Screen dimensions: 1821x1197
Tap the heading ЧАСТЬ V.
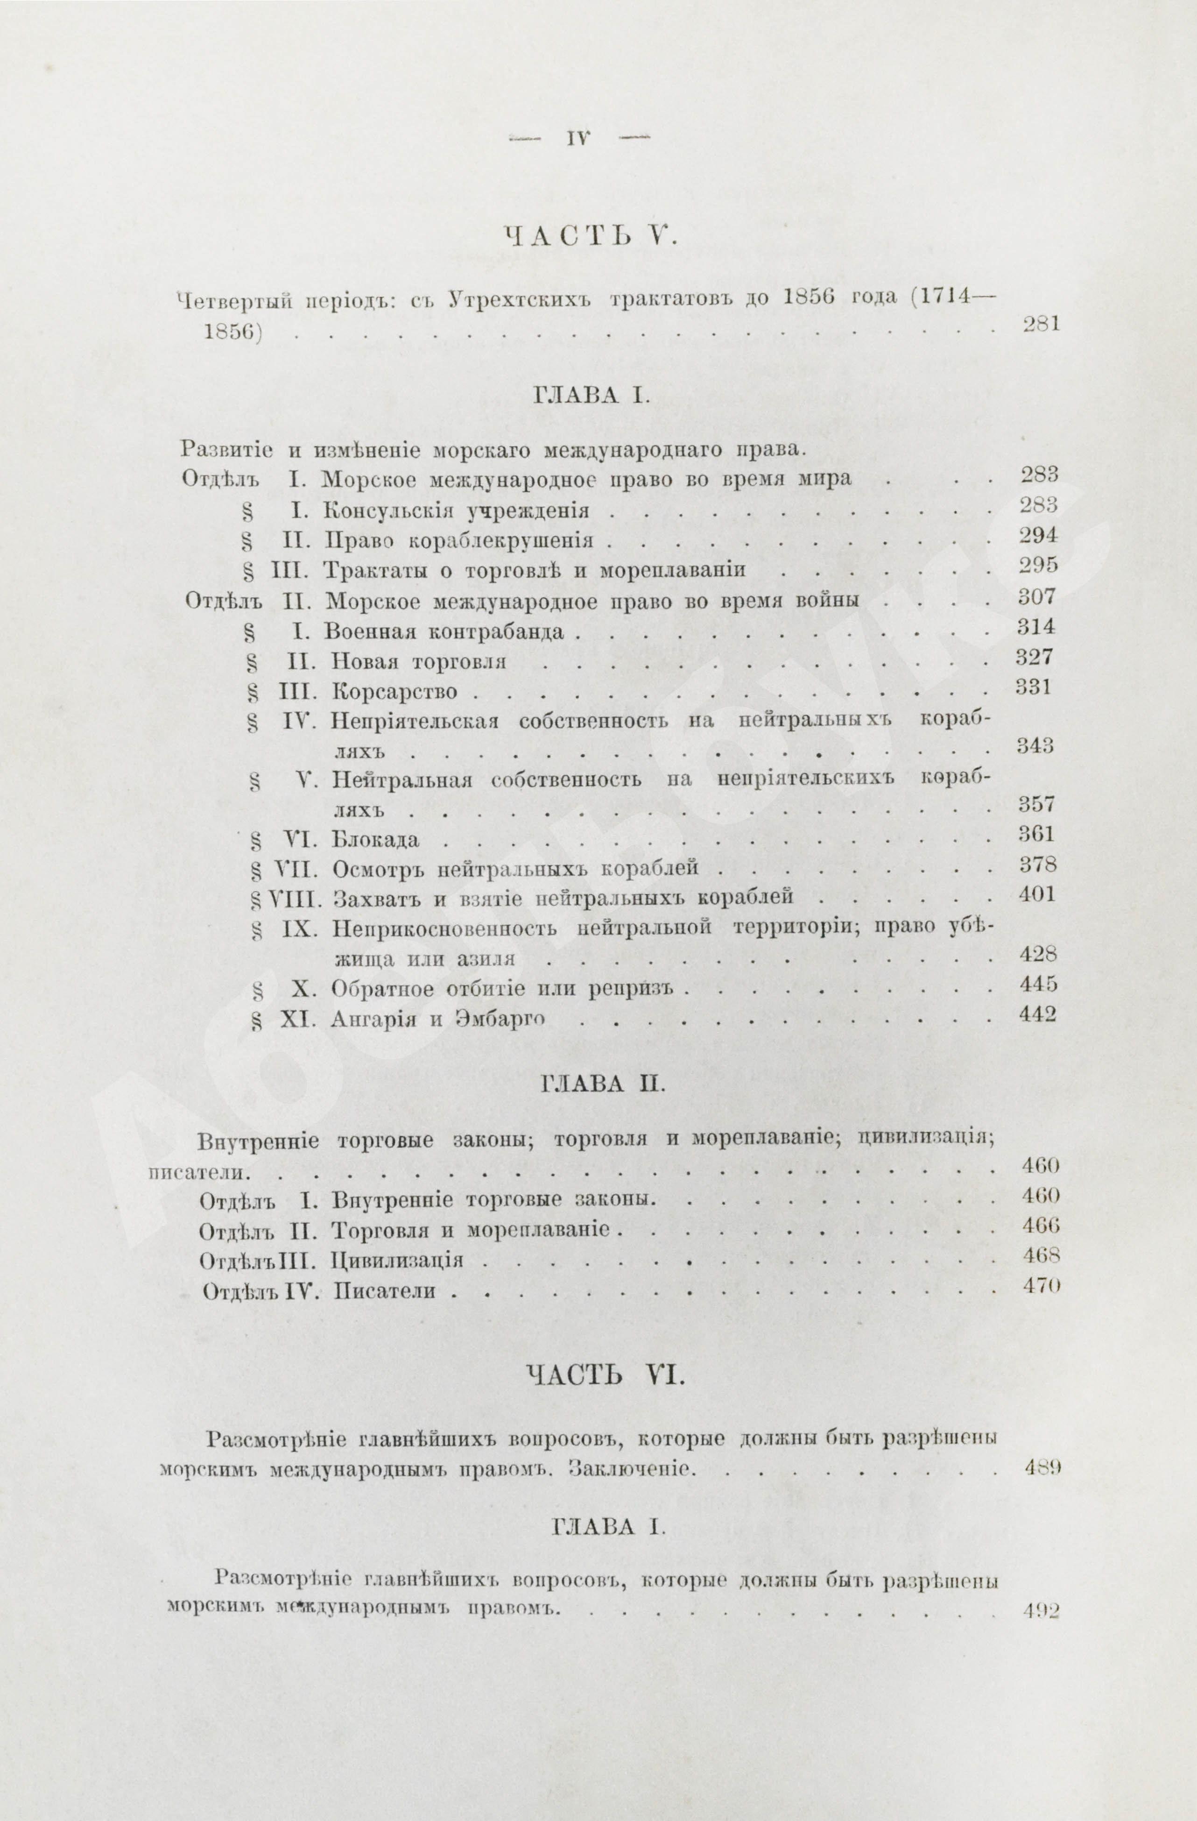coord(589,236)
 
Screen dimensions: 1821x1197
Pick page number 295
coord(1039,566)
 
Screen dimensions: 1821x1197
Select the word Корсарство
coord(394,693)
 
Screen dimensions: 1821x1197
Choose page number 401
coord(1039,894)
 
